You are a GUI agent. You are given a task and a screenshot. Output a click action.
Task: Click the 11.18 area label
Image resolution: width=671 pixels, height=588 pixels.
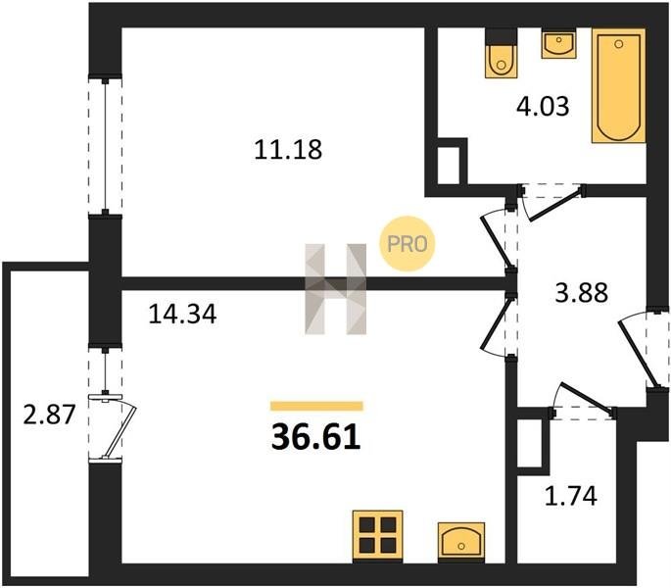pyautogui.click(x=288, y=150)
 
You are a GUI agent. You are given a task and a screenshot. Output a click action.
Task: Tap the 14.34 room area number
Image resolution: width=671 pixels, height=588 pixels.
pyautogui.click(x=182, y=314)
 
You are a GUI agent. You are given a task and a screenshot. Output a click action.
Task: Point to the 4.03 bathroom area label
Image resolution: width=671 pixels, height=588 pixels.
pyautogui.click(x=543, y=106)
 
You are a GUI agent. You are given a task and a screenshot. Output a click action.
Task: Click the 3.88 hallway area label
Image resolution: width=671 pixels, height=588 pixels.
pyautogui.click(x=581, y=293)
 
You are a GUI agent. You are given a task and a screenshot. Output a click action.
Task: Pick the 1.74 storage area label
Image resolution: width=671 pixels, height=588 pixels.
pyautogui.click(x=570, y=496)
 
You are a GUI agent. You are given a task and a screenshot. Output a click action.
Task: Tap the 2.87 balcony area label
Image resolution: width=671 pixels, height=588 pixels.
pyautogui.click(x=49, y=415)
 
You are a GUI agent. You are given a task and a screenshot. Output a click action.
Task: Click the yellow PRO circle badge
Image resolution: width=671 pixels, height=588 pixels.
pyautogui.click(x=407, y=244)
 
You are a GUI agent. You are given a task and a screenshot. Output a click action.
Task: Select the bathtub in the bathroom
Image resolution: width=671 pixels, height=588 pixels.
pyautogui.click(x=618, y=85)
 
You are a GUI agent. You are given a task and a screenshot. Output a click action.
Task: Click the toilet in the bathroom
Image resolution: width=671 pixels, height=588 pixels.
pyautogui.click(x=501, y=54)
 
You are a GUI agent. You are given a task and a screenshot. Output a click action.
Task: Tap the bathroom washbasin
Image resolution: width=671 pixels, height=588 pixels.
pyautogui.click(x=558, y=44)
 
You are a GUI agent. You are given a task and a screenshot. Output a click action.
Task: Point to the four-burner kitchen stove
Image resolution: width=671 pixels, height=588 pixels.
pyautogui.click(x=377, y=536)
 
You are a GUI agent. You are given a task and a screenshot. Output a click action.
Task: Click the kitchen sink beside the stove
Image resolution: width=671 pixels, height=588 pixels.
pyautogui.click(x=461, y=542)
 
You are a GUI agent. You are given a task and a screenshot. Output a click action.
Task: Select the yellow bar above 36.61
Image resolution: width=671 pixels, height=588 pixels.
pyautogui.click(x=316, y=406)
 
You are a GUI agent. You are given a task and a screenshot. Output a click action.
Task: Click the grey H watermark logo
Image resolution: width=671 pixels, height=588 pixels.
pyautogui.click(x=335, y=289)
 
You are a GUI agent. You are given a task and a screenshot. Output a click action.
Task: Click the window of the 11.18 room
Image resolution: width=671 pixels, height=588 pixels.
pyautogui.click(x=105, y=146)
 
